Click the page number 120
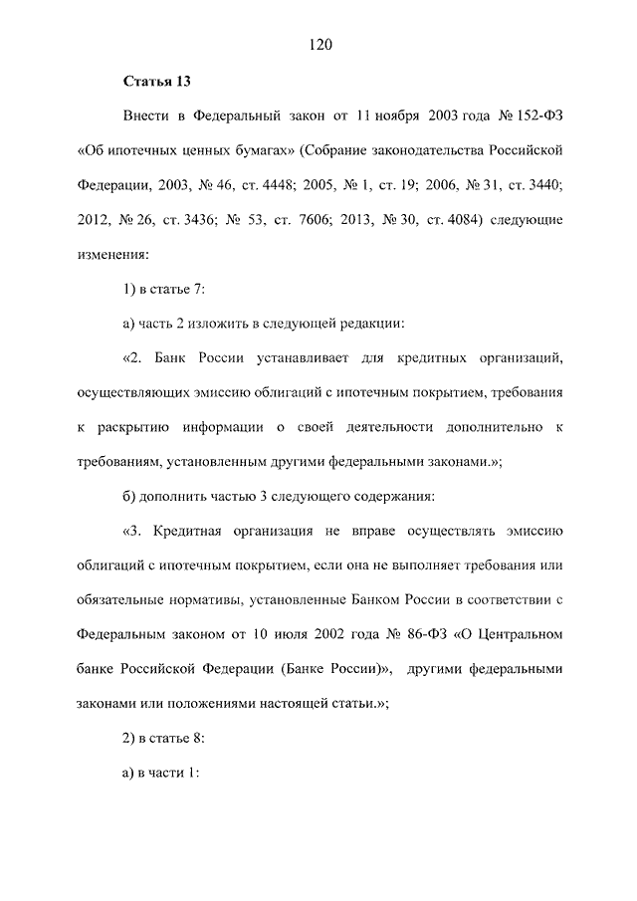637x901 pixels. tap(318, 44)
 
